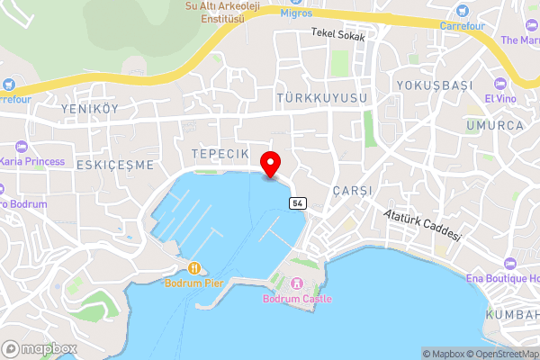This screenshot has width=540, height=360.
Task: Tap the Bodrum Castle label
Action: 297,299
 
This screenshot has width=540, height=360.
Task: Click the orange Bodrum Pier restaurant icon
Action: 194,267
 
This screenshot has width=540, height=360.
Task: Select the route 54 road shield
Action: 296,203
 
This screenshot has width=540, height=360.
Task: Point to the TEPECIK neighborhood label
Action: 220,155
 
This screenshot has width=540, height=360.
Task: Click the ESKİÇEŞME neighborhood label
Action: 115,166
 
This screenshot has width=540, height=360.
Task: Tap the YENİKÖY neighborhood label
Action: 89,108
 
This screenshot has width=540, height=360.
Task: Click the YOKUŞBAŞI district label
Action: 434,85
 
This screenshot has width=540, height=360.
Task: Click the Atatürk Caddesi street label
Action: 422,225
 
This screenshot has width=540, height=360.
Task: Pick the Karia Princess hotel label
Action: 32,161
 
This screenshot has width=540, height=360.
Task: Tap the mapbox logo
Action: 40,348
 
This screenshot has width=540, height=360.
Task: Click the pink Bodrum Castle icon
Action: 296,284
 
